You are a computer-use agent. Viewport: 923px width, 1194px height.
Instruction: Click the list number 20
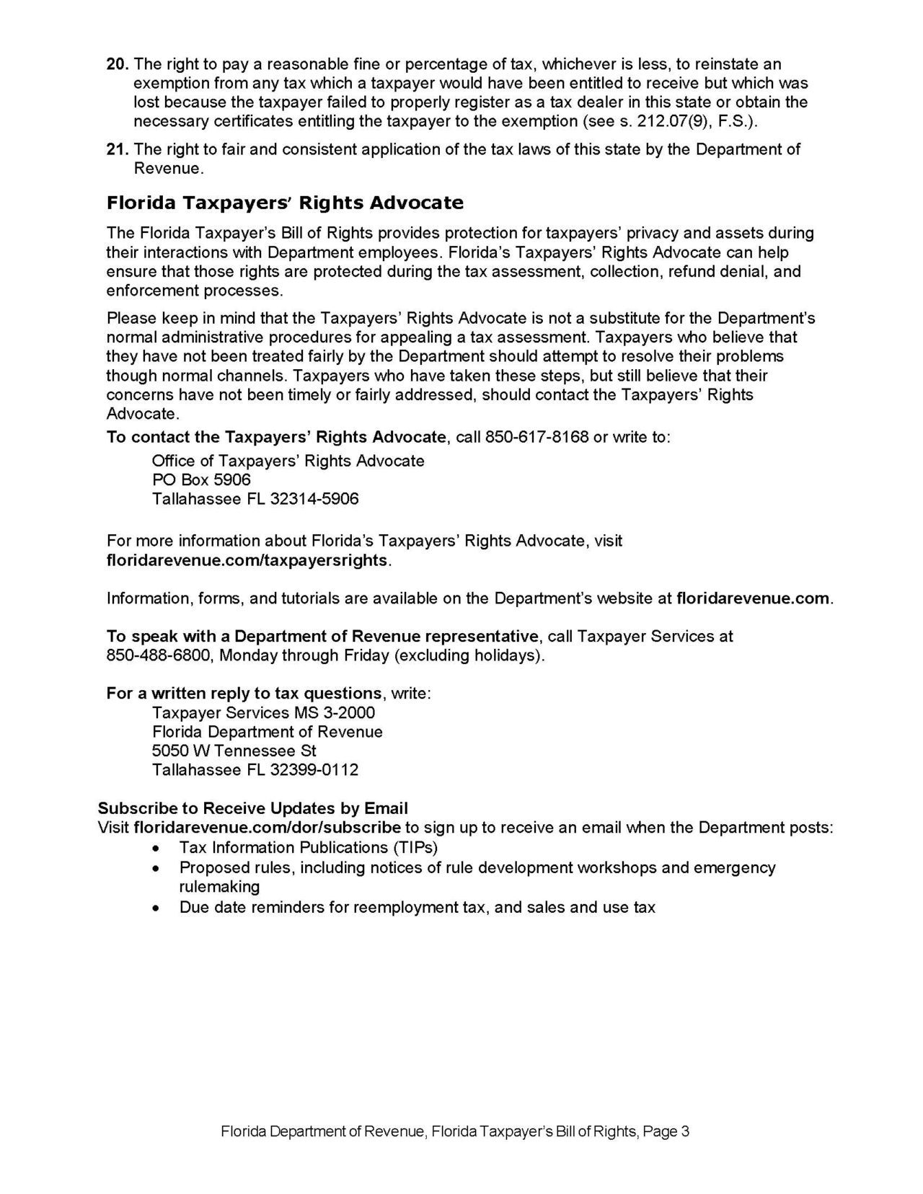(117, 64)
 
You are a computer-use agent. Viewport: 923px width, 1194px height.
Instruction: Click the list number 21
(117, 149)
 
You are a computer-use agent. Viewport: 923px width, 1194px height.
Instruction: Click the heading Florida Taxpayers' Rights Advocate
(285, 203)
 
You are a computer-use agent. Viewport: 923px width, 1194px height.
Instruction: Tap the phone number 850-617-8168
(536, 437)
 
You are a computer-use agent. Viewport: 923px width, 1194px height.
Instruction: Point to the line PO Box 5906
(201, 479)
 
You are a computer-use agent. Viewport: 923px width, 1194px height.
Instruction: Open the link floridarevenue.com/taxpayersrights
(247, 560)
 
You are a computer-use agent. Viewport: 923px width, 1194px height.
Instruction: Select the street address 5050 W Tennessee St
(234, 751)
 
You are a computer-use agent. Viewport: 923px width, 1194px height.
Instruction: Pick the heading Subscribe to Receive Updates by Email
(253, 808)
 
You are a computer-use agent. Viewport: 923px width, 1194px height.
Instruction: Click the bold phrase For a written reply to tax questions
(244, 693)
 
